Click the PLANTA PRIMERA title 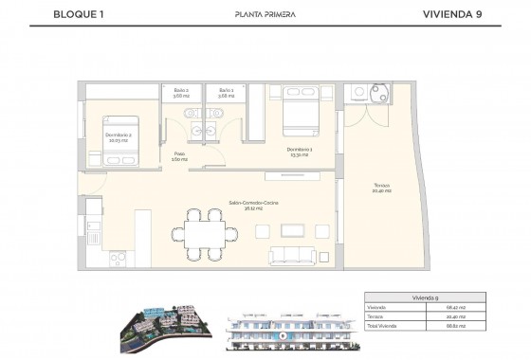(265, 14)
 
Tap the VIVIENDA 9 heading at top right (461, 14)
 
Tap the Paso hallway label (178, 156)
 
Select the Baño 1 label (226, 93)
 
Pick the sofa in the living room (299, 254)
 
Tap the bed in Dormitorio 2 (124, 123)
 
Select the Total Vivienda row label (380, 325)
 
